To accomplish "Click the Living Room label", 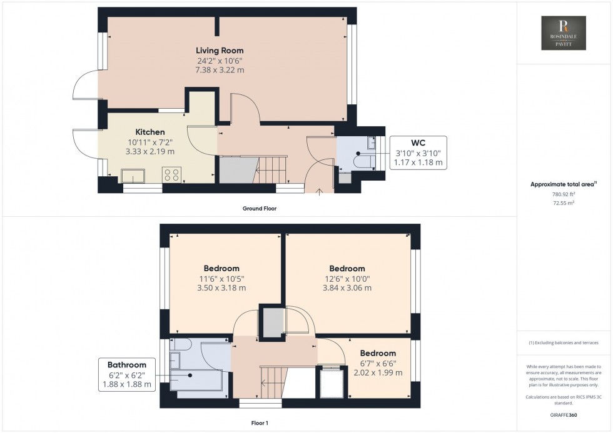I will [x=220, y=50].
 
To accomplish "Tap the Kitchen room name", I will [x=150, y=132].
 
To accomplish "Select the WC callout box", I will [x=418, y=152].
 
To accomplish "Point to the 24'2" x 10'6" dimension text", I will [x=220, y=61].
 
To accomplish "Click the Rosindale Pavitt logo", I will [x=564, y=33].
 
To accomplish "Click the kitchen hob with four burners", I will [x=172, y=175].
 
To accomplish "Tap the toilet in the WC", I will [x=362, y=161].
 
